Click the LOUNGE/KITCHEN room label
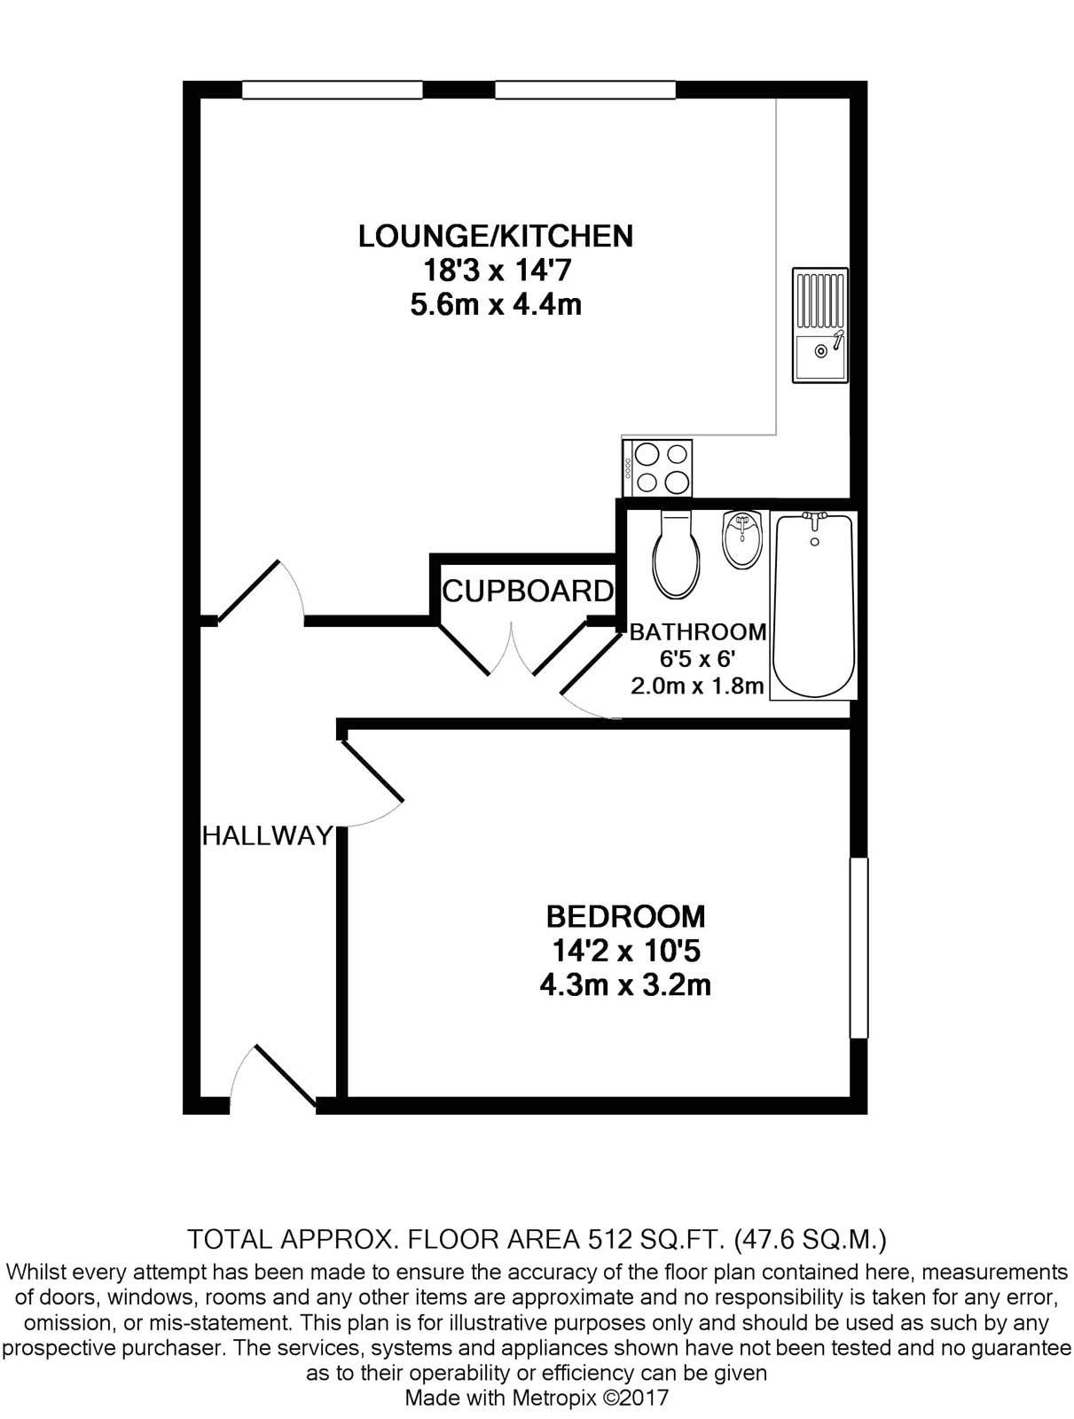(495, 237)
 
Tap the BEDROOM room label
(625, 916)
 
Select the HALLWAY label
(268, 836)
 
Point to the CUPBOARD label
(528, 591)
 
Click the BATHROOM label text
(698, 631)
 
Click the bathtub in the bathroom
(813, 606)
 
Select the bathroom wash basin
(742, 540)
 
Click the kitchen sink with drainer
(820, 325)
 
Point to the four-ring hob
(657, 468)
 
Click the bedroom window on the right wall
(858, 948)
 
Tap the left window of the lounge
(333, 90)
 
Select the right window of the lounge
(585, 90)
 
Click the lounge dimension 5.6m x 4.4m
(496, 304)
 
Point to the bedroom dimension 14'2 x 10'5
(625, 951)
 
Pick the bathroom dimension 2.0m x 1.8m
(698, 686)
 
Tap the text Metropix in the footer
(553, 1398)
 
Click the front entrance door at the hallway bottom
(286, 1077)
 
